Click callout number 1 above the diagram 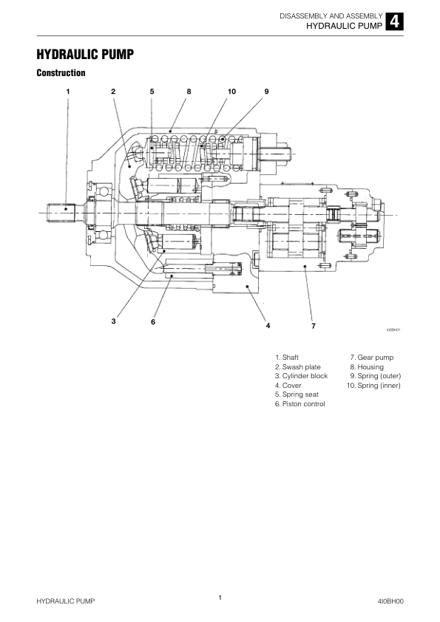point(68,92)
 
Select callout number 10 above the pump point(231,92)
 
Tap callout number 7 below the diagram point(314,326)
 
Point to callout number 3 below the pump point(114,321)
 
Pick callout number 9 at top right point(266,92)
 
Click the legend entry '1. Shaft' point(287,358)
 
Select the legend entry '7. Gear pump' point(372,358)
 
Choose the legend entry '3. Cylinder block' point(302,376)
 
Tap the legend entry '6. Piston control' point(299,404)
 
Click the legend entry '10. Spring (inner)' point(373,385)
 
